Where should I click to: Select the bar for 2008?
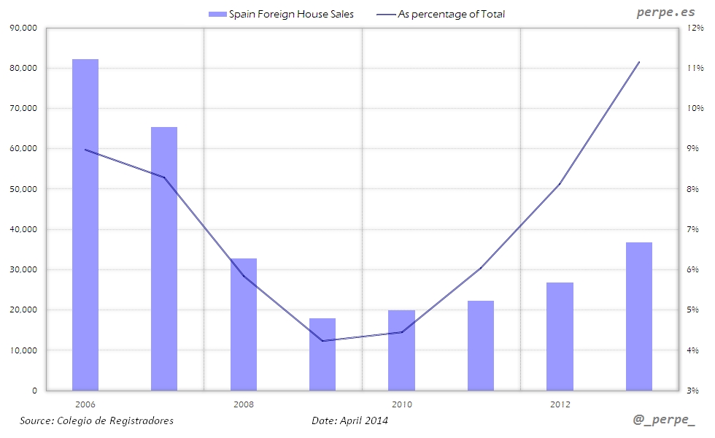[x=244, y=324]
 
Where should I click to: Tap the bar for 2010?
[x=401, y=350]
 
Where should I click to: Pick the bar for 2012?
[x=560, y=337]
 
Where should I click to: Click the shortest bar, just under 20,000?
[x=322, y=354]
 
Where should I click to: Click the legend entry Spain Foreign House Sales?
[x=281, y=14]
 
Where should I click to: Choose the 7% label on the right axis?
[x=693, y=229]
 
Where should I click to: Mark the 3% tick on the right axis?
[x=693, y=391]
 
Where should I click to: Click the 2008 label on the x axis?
[x=244, y=404]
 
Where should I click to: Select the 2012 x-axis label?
[x=560, y=404]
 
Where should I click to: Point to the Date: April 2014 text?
[x=349, y=420]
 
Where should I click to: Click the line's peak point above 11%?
[x=639, y=62]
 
